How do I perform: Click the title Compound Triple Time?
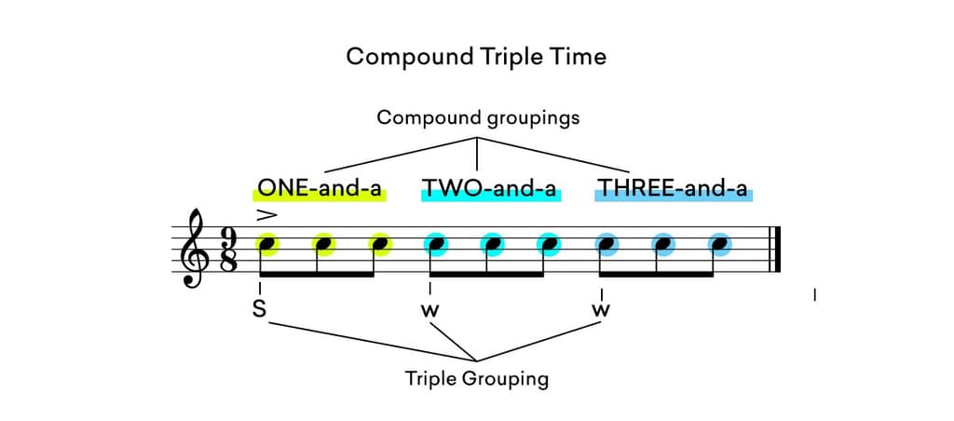[x=476, y=57]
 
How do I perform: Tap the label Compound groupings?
[x=477, y=118]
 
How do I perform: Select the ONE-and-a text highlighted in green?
[x=320, y=189]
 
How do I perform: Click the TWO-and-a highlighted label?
[x=489, y=189]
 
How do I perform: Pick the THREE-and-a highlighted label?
[x=673, y=189]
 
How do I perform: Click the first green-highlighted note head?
[x=266, y=245]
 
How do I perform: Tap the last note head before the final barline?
[x=718, y=245]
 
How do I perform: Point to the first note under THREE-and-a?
[x=606, y=245]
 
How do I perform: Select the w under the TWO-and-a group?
[x=429, y=310]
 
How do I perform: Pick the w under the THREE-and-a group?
[x=601, y=310]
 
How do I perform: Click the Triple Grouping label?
[x=476, y=379]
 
